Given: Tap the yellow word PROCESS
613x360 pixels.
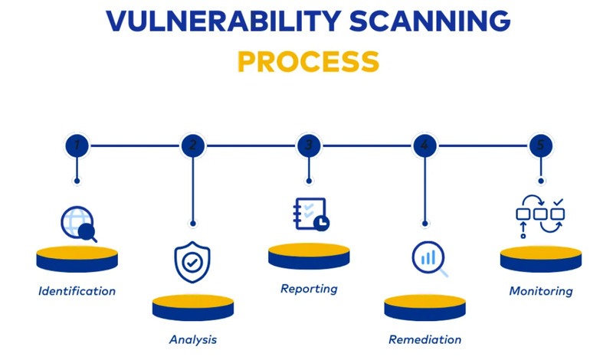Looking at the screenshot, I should (x=308, y=61).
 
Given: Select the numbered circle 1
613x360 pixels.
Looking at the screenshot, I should (x=77, y=145).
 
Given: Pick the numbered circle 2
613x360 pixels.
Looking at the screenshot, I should (x=192, y=145).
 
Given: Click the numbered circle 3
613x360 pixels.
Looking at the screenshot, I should (x=309, y=145).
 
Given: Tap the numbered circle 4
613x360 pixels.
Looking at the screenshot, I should (x=425, y=145).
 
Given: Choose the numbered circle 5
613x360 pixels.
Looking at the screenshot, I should (x=541, y=145).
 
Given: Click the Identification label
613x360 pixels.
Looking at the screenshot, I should (x=77, y=291).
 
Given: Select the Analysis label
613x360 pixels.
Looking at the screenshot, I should (x=192, y=339).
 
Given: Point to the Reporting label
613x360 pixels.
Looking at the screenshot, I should (x=309, y=289).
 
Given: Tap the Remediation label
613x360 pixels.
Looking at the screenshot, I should (x=425, y=339).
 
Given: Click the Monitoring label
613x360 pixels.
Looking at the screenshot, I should (x=541, y=291).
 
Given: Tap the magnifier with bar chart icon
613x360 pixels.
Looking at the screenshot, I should (x=428, y=259).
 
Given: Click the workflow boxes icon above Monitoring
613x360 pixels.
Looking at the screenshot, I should (x=539, y=217).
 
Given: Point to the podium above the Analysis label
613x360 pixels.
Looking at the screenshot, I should (x=192, y=307).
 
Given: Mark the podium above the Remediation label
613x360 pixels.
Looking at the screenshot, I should (x=425, y=307).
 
